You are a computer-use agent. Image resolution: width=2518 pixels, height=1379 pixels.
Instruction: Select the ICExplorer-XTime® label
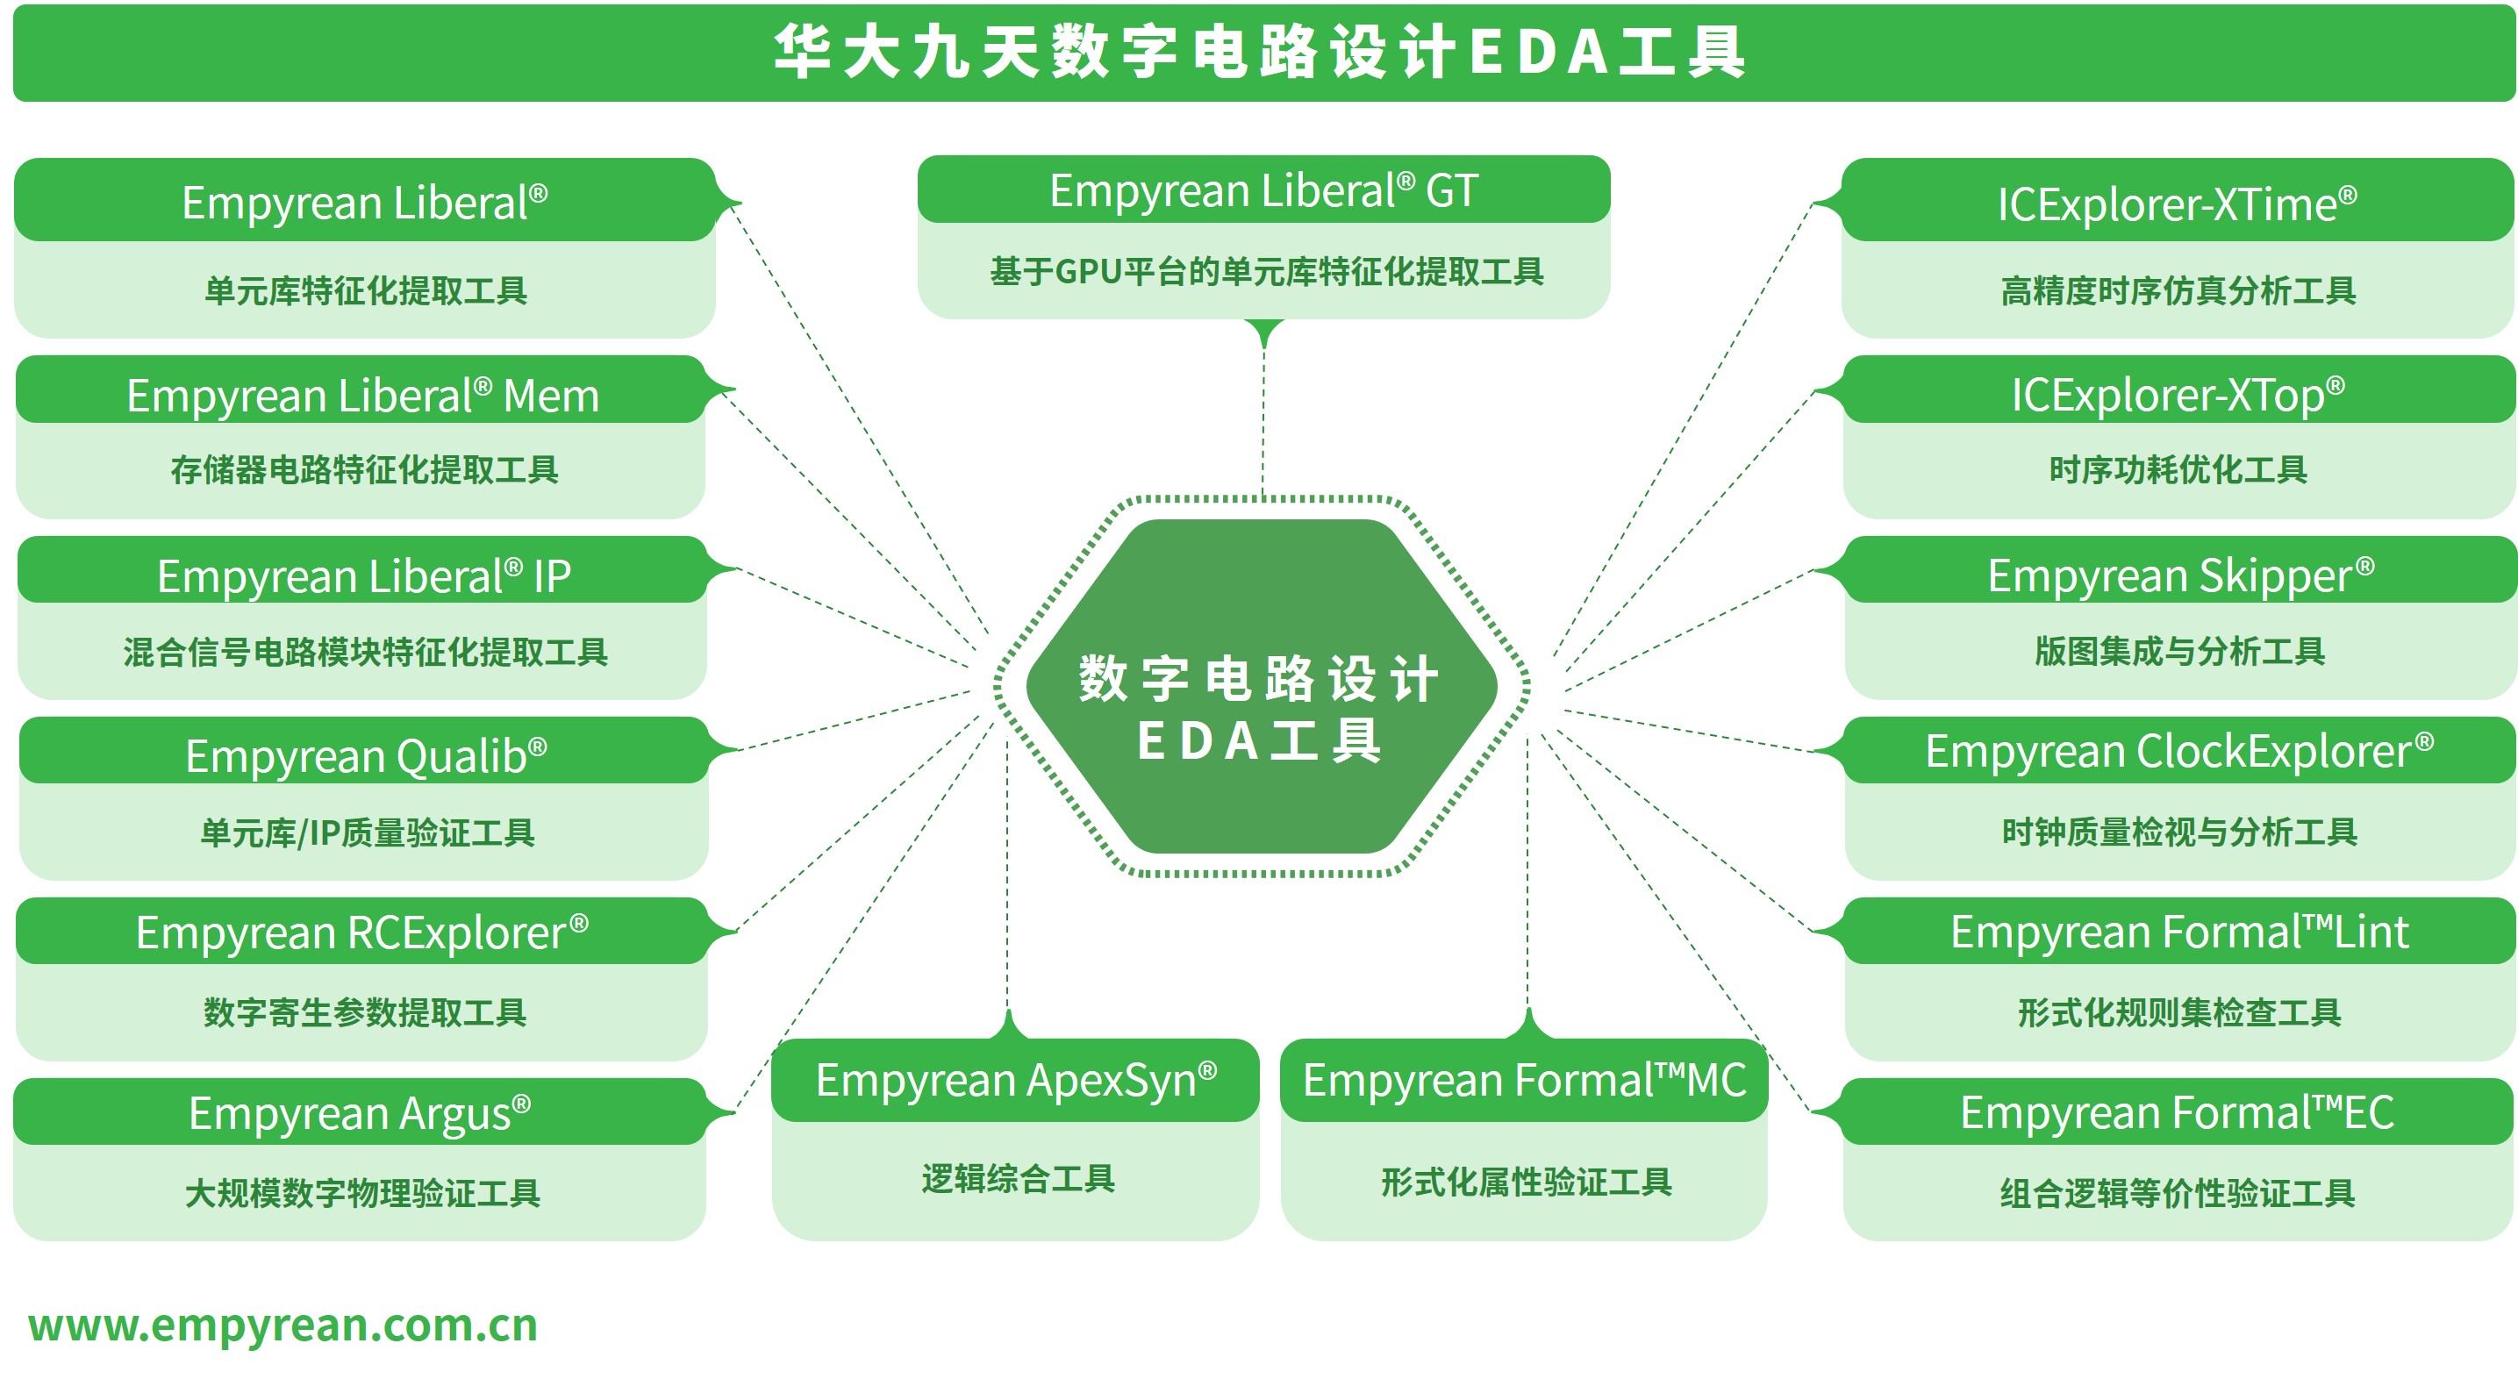pyautogui.click(x=2177, y=204)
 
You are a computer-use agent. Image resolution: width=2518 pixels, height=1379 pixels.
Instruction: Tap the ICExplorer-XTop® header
pyautogui.click(x=2178, y=395)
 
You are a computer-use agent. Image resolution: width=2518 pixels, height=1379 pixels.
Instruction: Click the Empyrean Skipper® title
pyautogui.click(x=2181, y=575)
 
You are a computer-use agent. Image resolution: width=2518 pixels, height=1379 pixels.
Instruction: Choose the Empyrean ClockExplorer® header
pyautogui.click(x=2178, y=752)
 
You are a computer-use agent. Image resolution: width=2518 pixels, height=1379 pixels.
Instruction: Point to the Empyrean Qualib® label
pyautogui.click(x=366, y=755)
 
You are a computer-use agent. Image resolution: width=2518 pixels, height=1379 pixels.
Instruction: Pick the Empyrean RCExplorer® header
pyautogui.click(x=361, y=932)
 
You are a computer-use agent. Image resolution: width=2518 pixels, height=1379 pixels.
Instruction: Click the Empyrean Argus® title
pyautogui.click(x=360, y=1113)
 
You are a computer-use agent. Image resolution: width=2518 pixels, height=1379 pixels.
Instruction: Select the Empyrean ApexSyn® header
pyautogui.click(x=1017, y=1081)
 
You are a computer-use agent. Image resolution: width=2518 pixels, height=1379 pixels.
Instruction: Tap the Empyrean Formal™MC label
pyautogui.click(x=1525, y=1080)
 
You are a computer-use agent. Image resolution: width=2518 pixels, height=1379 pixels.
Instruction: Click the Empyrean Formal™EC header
pyautogui.click(x=2177, y=1112)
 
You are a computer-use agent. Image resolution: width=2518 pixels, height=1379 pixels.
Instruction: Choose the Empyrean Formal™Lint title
pyautogui.click(x=2178, y=932)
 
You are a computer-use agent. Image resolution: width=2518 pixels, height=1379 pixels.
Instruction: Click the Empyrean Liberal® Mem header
pyautogui.click(x=362, y=396)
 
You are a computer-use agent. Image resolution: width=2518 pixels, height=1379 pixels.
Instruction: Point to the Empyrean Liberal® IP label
pyautogui.click(x=363, y=576)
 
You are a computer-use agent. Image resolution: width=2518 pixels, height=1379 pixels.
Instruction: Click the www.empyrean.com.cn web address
pyautogui.click(x=283, y=1325)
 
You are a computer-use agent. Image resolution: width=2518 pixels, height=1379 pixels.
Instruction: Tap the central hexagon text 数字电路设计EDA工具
pyautogui.click(x=1260, y=709)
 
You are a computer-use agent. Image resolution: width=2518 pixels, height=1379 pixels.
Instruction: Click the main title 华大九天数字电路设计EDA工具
pyautogui.click(x=1260, y=52)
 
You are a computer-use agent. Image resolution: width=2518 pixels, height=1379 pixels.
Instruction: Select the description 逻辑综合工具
pyautogui.click(x=1018, y=1180)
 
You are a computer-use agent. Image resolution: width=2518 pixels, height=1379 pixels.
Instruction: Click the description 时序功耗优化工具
pyautogui.click(x=2178, y=470)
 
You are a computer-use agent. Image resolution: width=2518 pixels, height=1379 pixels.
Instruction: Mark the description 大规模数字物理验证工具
pyautogui.click(x=362, y=1193)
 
